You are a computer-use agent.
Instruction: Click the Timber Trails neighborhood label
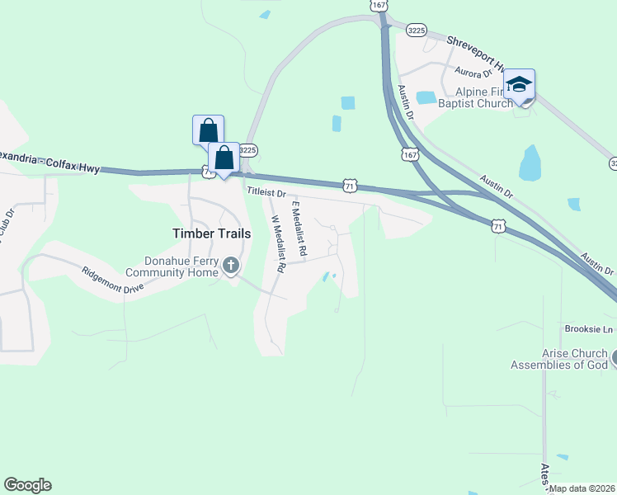tap(210, 233)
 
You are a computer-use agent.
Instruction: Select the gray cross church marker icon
tap(231, 265)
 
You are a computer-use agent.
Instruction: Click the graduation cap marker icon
tap(519, 84)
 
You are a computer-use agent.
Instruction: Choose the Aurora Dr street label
tap(470, 73)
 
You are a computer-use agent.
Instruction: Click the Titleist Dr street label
tap(266, 192)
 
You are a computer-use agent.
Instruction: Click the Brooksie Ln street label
tap(590, 329)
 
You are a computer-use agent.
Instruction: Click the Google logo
tap(27, 485)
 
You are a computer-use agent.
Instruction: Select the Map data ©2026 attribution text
tap(582, 488)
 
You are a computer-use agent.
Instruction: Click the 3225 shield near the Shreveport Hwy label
tap(415, 29)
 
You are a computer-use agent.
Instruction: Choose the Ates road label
tap(545, 472)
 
